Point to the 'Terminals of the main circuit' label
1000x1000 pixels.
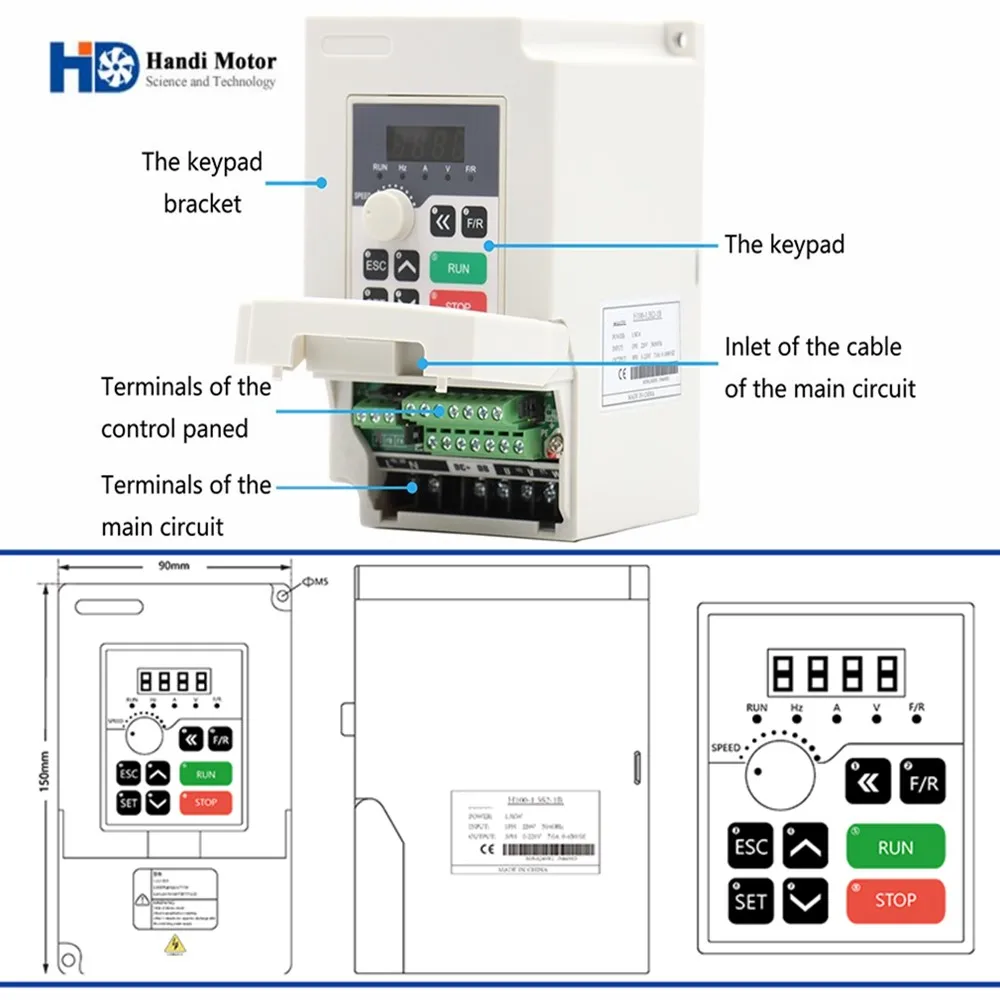(186, 505)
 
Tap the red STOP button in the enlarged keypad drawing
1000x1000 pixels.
(895, 900)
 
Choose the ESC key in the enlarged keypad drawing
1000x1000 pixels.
(750, 847)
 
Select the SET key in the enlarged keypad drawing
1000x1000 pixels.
(750, 901)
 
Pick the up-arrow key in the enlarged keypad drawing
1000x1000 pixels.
(805, 847)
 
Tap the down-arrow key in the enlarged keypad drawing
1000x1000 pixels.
(805, 901)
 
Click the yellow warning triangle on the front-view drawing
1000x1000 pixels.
(176, 944)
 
